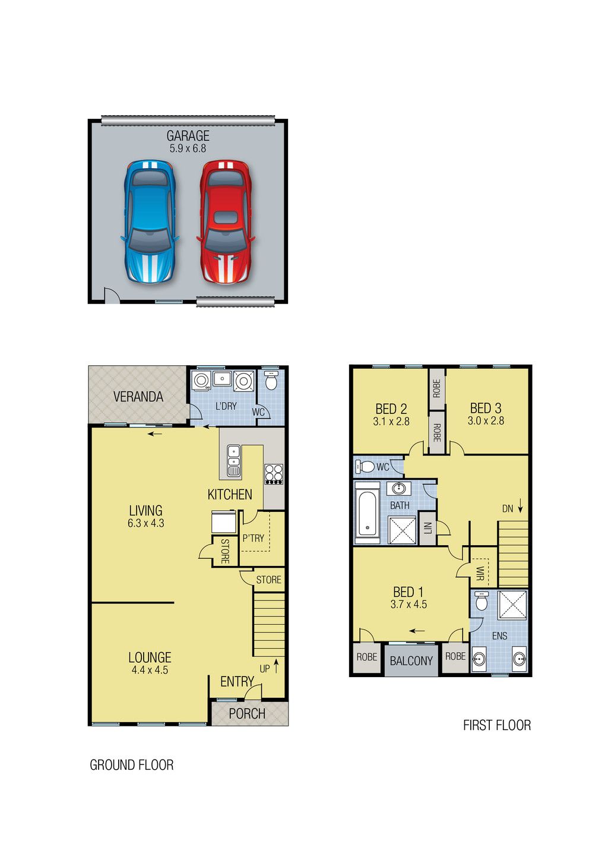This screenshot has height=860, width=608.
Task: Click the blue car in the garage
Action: pos(150,222)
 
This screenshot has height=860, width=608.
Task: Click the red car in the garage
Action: pos(226,222)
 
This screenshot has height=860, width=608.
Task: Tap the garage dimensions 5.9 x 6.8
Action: pos(188,148)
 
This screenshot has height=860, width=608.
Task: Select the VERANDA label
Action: pos(138,397)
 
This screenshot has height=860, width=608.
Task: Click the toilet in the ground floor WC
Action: pos(271,380)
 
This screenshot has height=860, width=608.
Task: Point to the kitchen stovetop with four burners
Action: pos(274,474)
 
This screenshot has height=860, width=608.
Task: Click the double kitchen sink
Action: pos(233,461)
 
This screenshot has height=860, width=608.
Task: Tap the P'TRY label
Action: pos(254,538)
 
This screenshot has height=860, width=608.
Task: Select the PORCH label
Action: pos(247,714)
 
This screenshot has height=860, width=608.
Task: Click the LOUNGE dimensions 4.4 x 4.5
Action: pos(150,670)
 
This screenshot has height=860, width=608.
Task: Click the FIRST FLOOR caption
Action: pos(497,725)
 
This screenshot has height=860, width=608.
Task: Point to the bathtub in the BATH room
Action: pos(368,513)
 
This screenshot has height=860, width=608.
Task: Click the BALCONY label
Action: pos(411,661)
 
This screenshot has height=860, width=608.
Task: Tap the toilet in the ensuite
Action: pos(482,601)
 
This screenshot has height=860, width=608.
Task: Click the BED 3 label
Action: pos(486,408)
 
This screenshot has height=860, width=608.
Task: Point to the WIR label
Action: pos(480,573)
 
